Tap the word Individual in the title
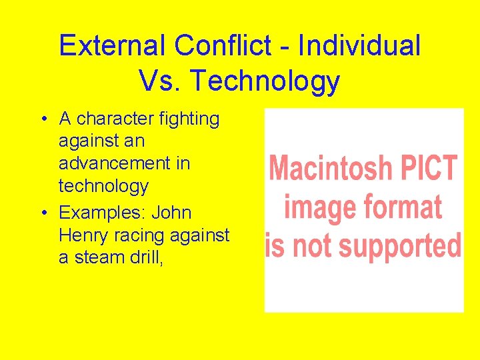tap(359, 46)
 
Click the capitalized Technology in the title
tap(265, 81)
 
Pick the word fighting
tap(189, 119)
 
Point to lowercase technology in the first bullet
tap(103, 185)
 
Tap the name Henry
tap(83, 235)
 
